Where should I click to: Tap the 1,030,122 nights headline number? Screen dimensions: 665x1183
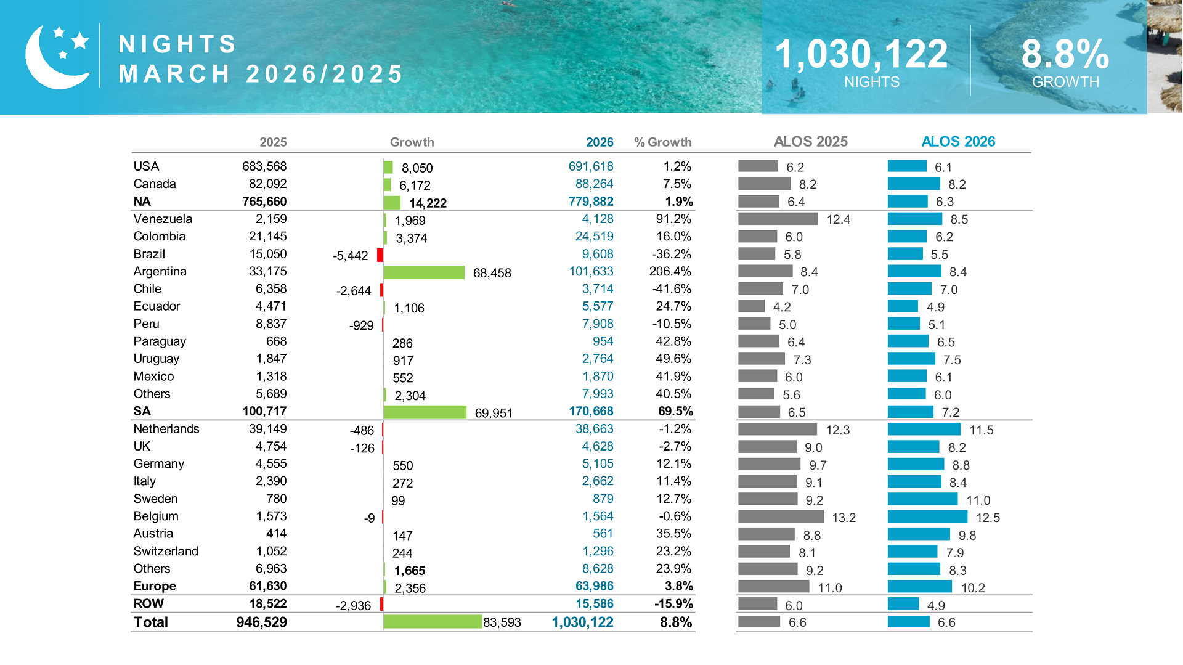click(x=861, y=54)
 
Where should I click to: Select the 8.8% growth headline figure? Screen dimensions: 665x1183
click(x=1065, y=54)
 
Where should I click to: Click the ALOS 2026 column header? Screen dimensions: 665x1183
click(x=957, y=142)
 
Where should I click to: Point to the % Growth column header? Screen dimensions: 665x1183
click(x=662, y=142)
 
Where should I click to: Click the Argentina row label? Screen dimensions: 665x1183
click(x=160, y=271)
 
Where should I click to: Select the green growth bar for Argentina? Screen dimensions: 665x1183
click(x=424, y=272)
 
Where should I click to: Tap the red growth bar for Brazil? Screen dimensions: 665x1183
click(x=380, y=255)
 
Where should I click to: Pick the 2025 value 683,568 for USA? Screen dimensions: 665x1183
click(x=264, y=166)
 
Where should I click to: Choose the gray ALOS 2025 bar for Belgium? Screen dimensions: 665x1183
click(x=781, y=516)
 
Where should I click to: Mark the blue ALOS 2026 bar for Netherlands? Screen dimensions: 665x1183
click(x=924, y=430)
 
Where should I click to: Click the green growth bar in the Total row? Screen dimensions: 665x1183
click(x=433, y=622)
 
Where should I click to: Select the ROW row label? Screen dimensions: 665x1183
click(x=148, y=603)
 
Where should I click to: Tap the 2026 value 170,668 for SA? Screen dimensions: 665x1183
click(x=590, y=411)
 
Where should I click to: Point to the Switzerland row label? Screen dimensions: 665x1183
click(x=166, y=551)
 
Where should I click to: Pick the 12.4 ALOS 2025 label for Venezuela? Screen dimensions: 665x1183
click(x=838, y=219)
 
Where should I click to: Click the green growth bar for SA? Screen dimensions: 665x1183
click(x=425, y=412)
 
